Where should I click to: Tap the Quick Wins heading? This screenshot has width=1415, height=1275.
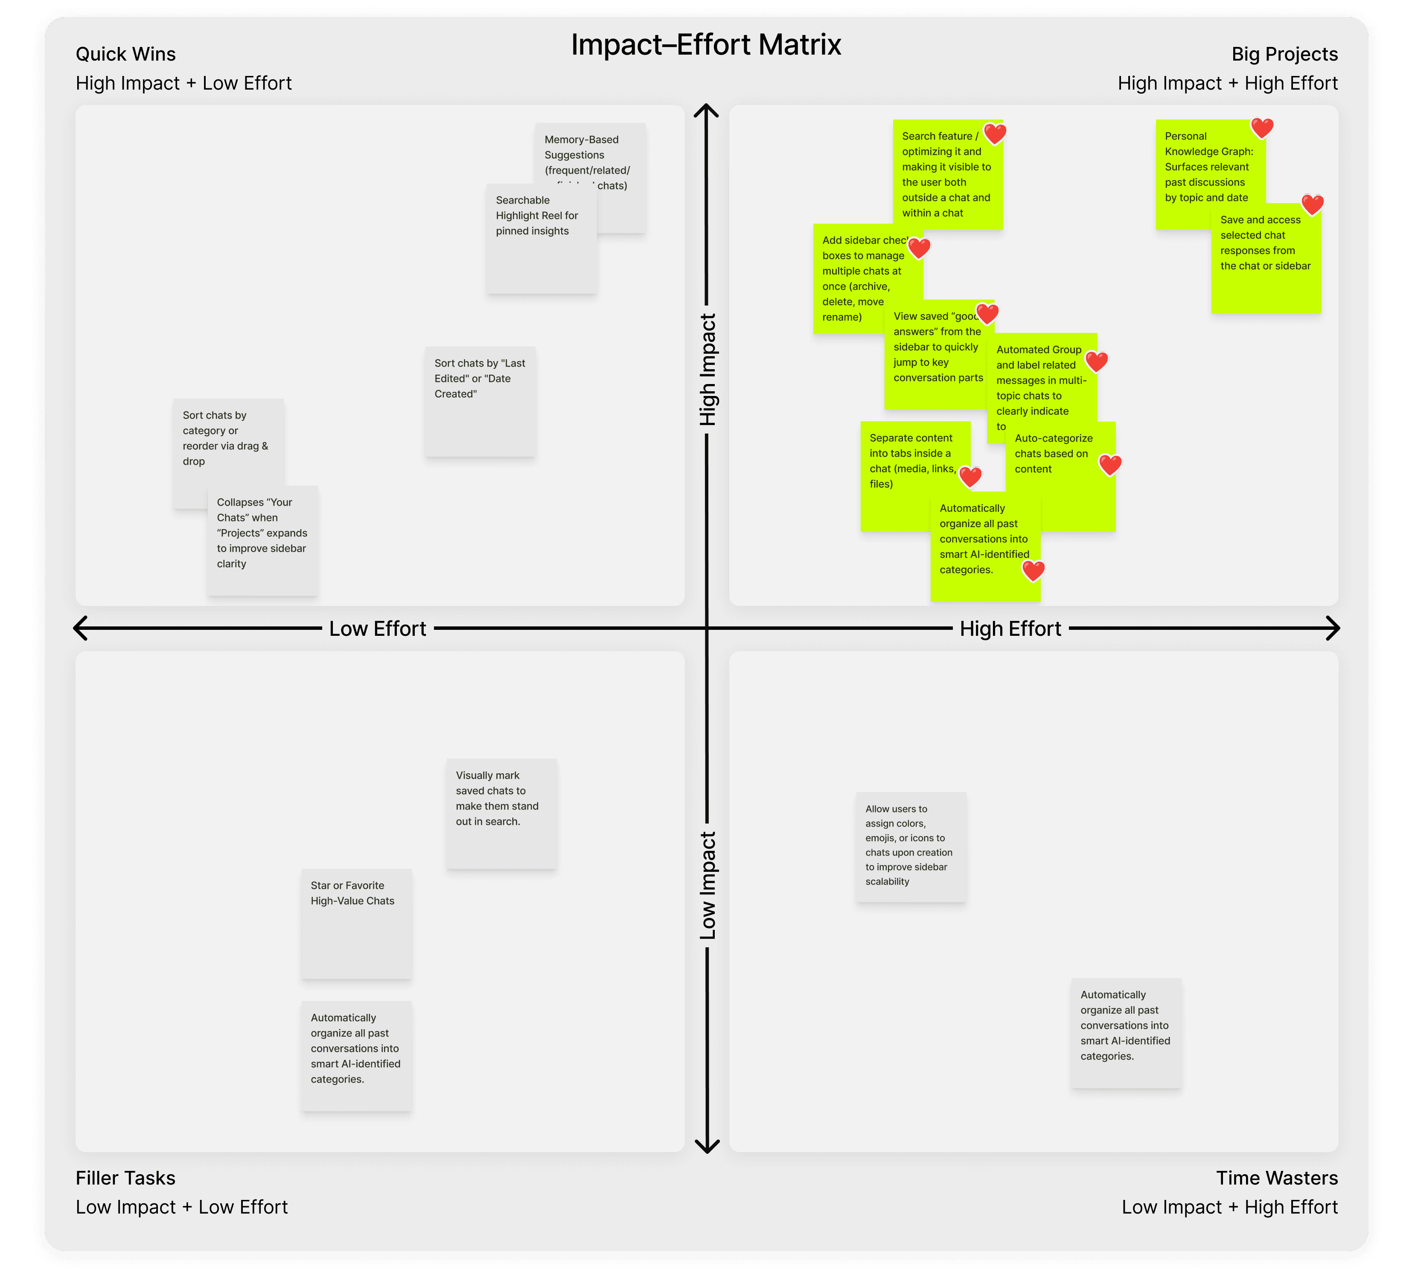click(125, 54)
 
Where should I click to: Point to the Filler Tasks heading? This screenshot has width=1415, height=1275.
click(125, 1178)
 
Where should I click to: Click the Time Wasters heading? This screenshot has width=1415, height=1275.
click(1276, 1178)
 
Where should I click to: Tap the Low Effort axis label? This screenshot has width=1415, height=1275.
click(378, 629)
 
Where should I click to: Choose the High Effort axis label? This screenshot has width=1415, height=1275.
click(1010, 629)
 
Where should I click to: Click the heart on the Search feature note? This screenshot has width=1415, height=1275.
click(995, 133)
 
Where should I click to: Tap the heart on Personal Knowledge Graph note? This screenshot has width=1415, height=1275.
click(1261, 128)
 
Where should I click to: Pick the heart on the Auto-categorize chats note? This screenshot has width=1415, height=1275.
click(1109, 464)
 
